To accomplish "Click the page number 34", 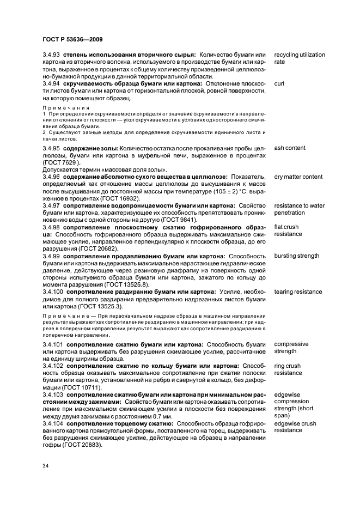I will (46, 466).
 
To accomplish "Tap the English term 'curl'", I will (279, 84).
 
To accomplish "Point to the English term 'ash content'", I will (290, 148).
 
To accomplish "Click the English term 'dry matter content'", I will (298, 177).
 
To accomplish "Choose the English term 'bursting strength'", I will (297, 256).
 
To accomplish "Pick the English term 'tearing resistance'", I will (298, 292).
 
